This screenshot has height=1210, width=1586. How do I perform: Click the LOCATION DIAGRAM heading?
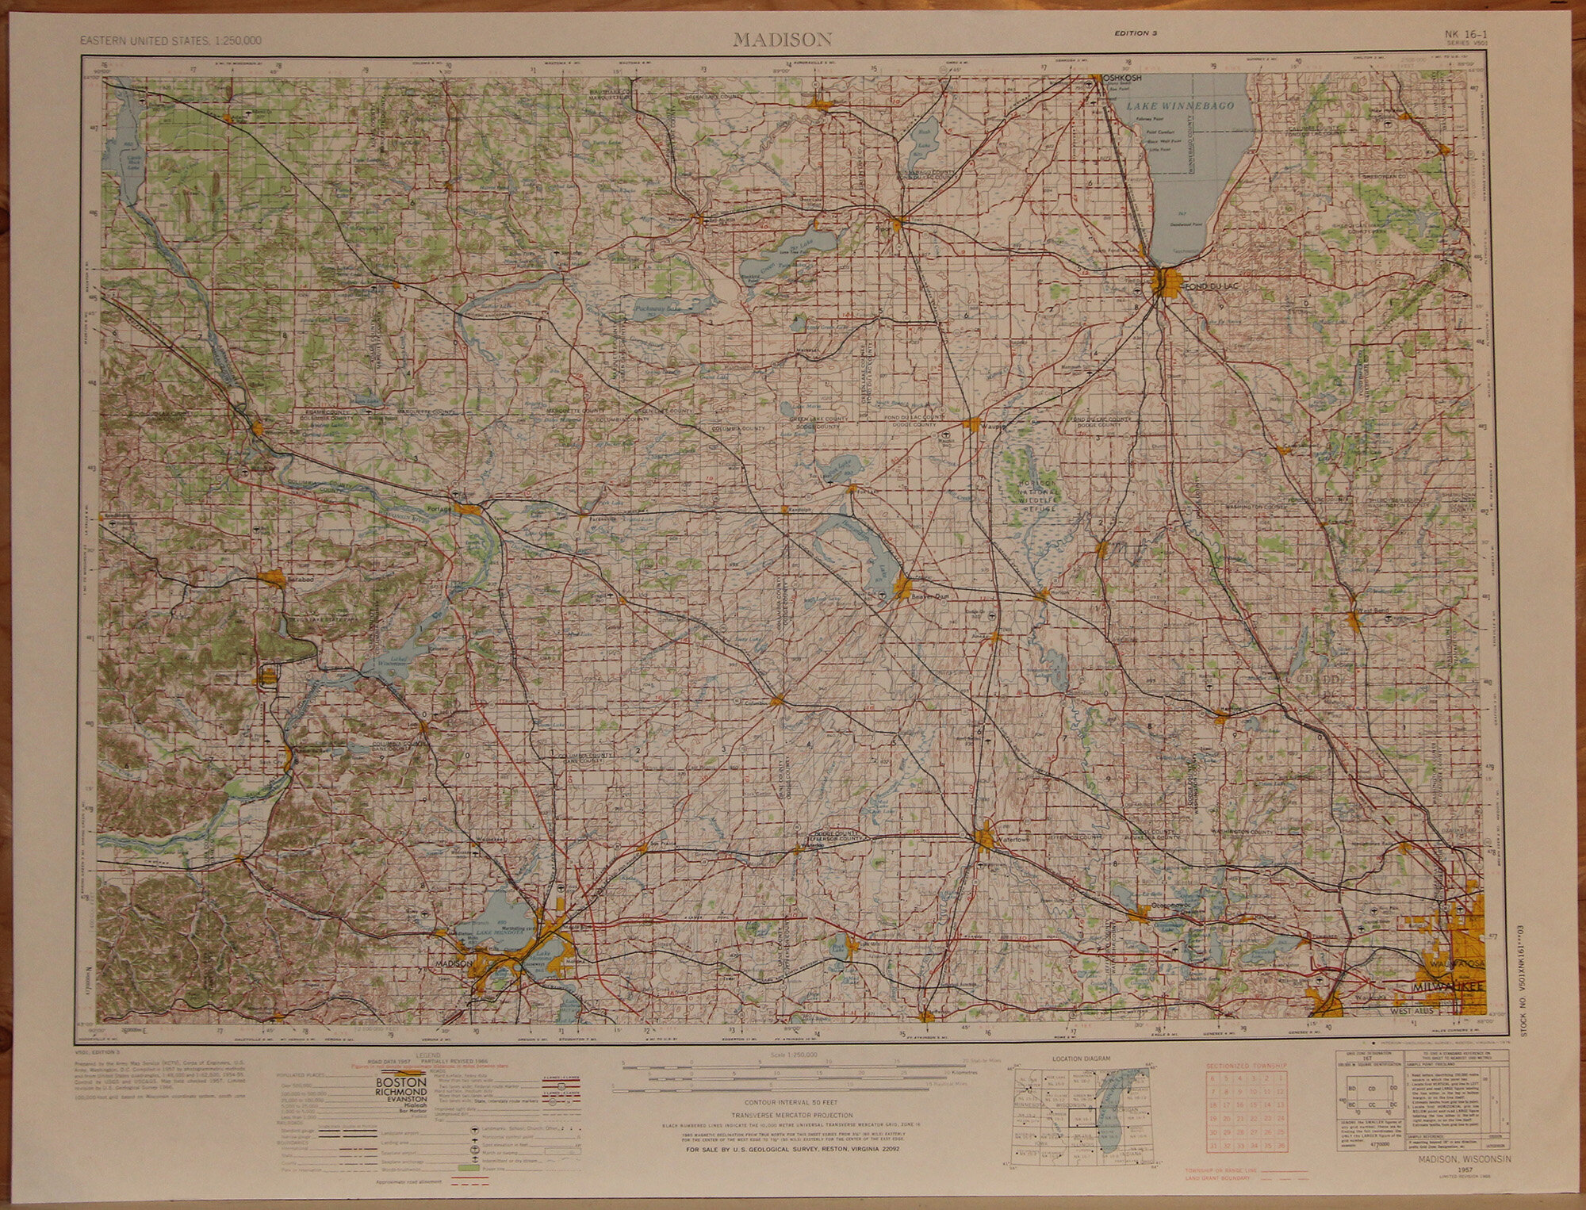click(1079, 1059)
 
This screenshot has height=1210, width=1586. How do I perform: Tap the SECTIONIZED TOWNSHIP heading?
click(1244, 1067)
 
